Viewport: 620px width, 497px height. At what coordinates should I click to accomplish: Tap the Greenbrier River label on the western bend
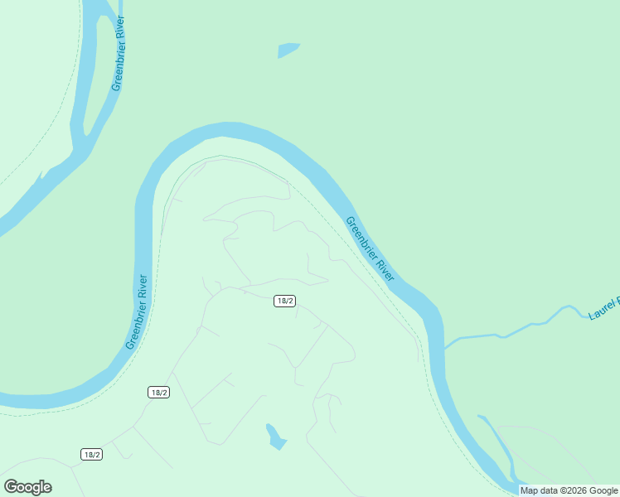coord(138,311)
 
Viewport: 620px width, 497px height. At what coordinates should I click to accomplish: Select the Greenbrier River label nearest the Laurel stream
coord(370,248)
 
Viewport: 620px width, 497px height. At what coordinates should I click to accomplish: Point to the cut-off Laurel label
coord(603,308)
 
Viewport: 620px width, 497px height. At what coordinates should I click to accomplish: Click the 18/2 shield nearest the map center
coord(284,301)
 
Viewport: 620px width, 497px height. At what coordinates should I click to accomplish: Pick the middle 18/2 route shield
coord(159,392)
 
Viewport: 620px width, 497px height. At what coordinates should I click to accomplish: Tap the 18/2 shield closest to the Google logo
coord(92,454)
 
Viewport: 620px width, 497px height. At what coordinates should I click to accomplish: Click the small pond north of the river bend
coord(288,51)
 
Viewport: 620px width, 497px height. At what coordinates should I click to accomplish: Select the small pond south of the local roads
coord(275,437)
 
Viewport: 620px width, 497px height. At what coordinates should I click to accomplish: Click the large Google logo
coord(27,487)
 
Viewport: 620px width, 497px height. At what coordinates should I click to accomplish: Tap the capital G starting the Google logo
coord(10,486)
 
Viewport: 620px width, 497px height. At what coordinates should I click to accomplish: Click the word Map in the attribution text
coord(529,490)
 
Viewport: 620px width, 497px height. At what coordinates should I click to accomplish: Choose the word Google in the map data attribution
coord(603,490)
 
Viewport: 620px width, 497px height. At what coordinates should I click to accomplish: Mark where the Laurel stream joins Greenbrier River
coord(445,347)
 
